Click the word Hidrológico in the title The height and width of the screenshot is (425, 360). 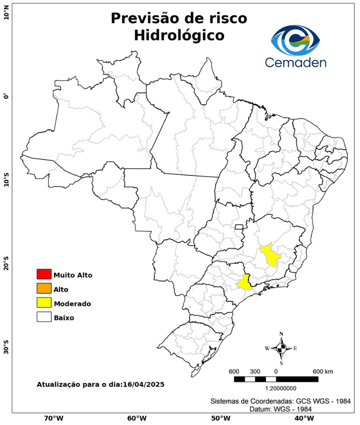(x=179, y=35)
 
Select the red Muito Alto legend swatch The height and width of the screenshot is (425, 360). (x=44, y=274)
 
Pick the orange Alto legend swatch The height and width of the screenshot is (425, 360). (x=44, y=289)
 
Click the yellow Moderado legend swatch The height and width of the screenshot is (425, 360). (x=44, y=303)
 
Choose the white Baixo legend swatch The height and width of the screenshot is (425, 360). (x=44, y=318)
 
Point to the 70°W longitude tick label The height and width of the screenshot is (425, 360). (x=54, y=418)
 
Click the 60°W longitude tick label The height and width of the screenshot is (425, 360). (x=137, y=418)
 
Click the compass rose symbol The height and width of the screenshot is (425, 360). (x=281, y=348)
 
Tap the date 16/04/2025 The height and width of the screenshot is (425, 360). (x=144, y=384)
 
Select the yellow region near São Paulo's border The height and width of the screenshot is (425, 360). (x=244, y=283)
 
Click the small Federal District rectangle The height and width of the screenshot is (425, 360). (x=239, y=227)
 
